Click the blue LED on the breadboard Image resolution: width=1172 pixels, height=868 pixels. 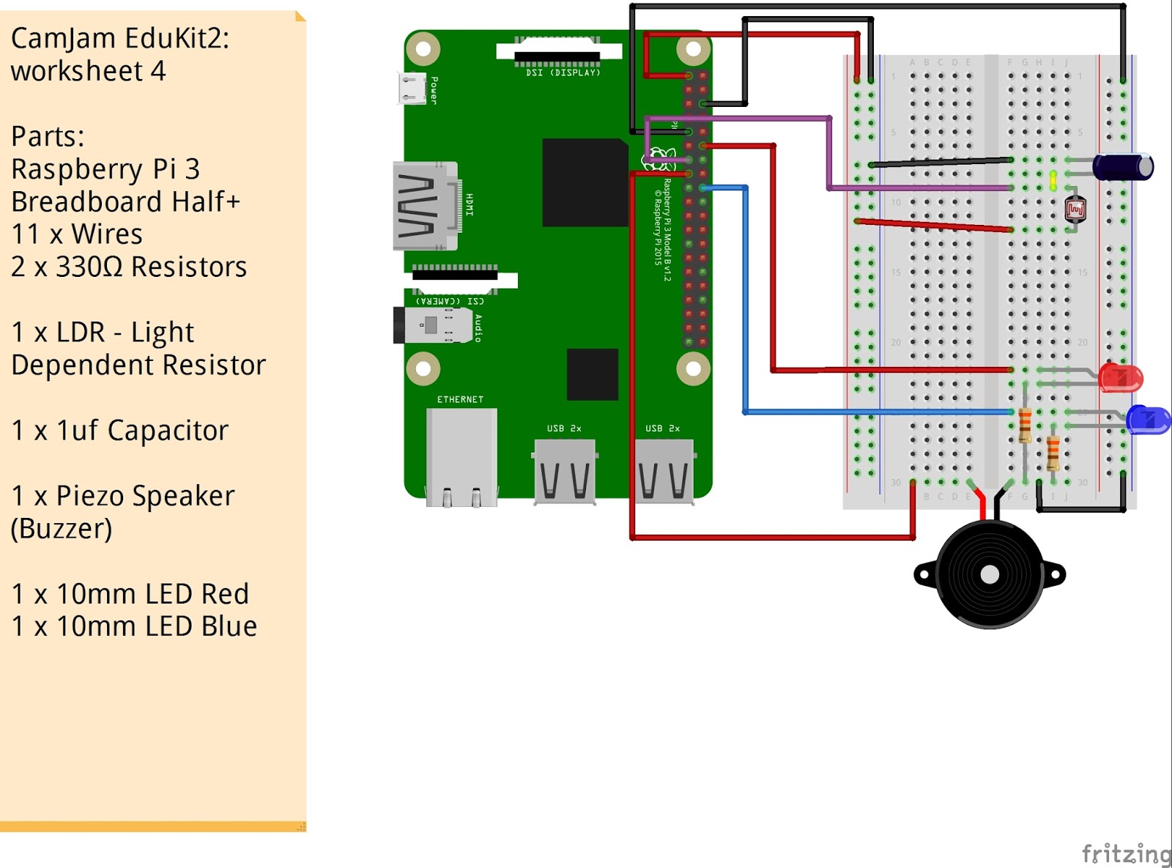(1147, 420)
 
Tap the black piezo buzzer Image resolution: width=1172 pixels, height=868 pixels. (990, 574)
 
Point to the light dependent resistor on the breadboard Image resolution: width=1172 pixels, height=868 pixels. (1075, 210)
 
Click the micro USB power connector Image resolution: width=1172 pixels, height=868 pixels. (412, 89)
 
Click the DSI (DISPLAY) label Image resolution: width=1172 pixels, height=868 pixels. (563, 73)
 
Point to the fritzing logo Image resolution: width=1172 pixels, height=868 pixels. (1126, 853)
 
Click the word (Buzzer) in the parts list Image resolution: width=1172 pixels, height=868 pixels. (62, 528)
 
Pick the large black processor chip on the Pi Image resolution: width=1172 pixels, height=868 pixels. (585, 182)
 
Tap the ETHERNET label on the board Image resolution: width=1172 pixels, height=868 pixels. (460, 399)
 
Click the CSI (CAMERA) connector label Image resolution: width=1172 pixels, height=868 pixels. (450, 301)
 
